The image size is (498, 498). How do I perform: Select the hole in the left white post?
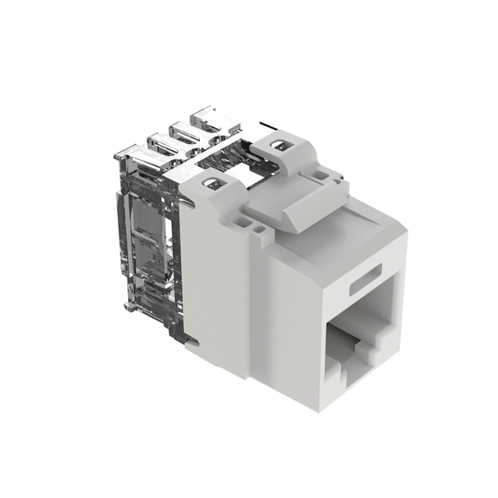(215, 184)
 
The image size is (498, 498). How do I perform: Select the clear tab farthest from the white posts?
(138, 155)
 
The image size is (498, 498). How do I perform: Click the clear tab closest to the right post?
(209, 120)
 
